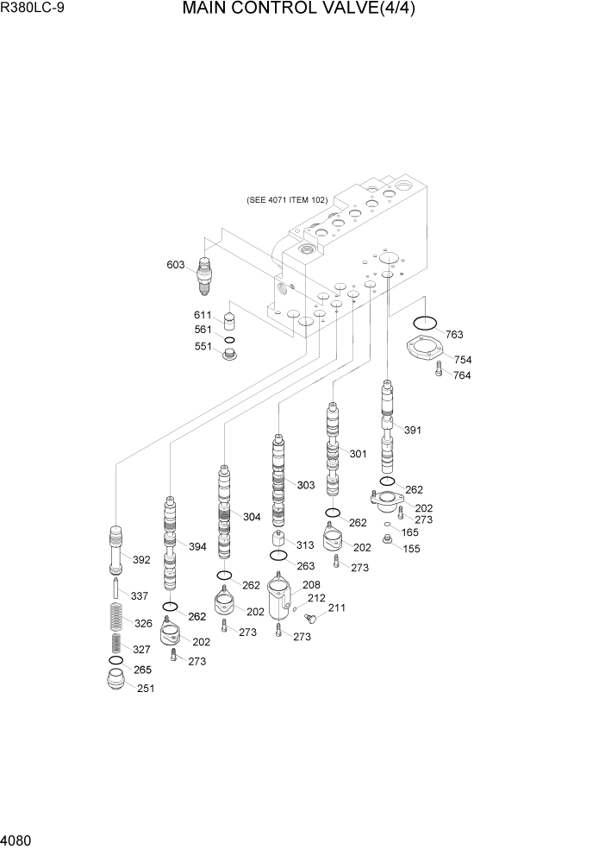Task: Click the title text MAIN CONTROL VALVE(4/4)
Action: point(304,11)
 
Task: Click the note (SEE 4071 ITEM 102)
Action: point(286,199)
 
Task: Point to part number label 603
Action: point(176,264)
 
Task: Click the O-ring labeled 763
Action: point(424,324)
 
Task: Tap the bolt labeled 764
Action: point(439,370)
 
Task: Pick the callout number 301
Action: point(358,453)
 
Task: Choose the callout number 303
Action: point(305,485)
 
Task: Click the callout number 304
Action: point(252,517)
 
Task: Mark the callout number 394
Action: point(197,547)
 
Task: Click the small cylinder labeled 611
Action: point(229,323)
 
